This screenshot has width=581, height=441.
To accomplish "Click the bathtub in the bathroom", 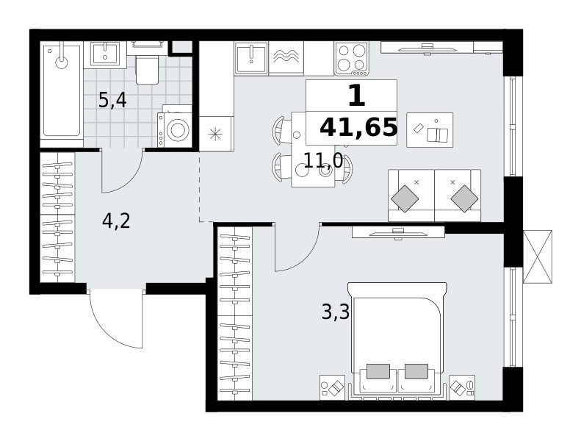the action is click(x=62, y=90).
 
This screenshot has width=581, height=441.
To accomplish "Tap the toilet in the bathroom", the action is click(x=148, y=63).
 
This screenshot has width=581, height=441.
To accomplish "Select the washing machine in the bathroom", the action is click(x=174, y=127).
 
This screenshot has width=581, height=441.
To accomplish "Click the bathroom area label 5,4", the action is click(x=112, y=101).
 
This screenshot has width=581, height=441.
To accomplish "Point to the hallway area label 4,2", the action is click(x=116, y=221).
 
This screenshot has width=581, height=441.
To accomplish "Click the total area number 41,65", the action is click(x=358, y=127).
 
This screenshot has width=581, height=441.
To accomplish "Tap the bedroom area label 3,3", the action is click(x=336, y=312).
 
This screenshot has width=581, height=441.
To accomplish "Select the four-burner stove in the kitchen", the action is click(x=352, y=58).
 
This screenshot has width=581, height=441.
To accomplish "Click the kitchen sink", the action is click(x=252, y=59).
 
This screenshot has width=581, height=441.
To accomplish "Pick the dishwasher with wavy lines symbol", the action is click(x=286, y=58).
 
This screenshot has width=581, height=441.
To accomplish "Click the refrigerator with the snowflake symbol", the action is click(x=217, y=134).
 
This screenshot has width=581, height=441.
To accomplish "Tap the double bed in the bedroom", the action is click(x=397, y=341).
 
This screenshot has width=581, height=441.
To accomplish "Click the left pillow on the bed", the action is click(x=378, y=371).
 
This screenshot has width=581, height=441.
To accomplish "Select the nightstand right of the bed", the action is click(x=462, y=387).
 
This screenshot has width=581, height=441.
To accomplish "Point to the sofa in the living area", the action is click(x=434, y=196).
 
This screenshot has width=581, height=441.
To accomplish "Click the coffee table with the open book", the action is click(x=430, y=130).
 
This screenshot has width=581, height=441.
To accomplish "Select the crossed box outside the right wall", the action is click(x=537, y=257).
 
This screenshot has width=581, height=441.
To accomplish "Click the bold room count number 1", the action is click(x=357, y=96).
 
